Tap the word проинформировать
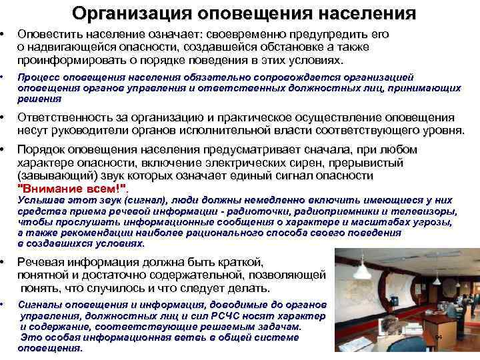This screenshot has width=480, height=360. tap(66, 60)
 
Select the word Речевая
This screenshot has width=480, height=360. tap(43, 262)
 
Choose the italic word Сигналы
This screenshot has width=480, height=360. tap(39, 303)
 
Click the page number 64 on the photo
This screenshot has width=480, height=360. tap(438, 338)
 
